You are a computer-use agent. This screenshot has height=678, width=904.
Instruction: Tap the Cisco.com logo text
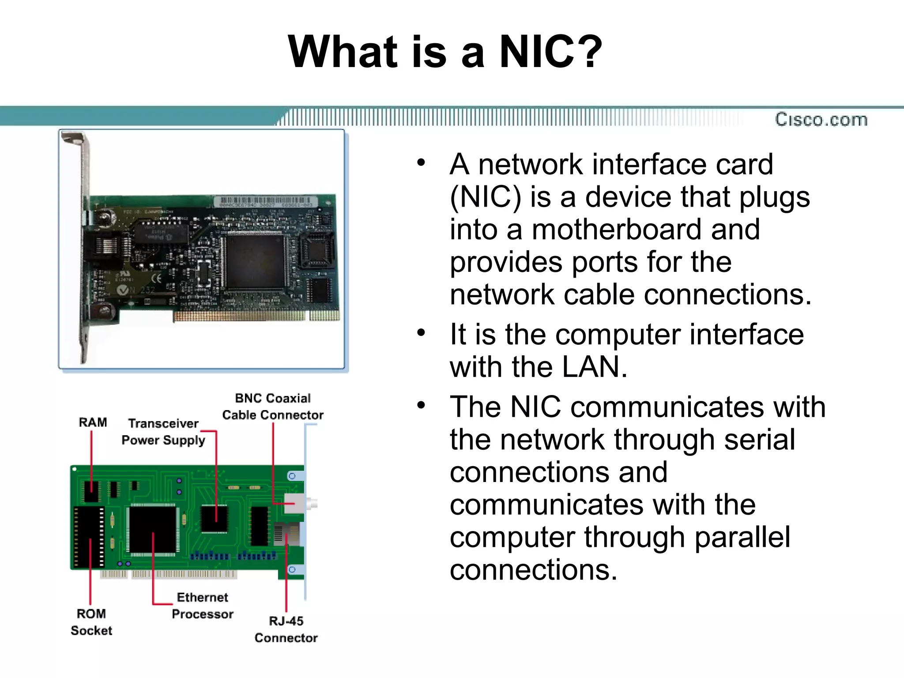tap(821, 120)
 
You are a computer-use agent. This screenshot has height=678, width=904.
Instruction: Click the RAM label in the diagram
tap(93, 422)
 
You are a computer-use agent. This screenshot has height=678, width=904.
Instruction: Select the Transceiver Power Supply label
tap(163, 432)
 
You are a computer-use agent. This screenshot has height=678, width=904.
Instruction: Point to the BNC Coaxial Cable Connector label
tap(273, 407)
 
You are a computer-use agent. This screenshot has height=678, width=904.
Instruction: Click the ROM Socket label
tap(91, 622)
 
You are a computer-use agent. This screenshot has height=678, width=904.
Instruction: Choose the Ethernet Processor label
tap(203, 606)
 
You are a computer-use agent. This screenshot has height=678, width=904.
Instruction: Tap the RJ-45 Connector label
tap(286, 629)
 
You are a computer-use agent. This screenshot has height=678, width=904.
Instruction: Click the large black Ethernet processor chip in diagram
tap(153, 529)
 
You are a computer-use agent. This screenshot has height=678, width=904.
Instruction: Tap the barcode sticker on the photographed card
tap(265, 202)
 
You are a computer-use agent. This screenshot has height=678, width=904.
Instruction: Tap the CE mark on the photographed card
tap(156, 279)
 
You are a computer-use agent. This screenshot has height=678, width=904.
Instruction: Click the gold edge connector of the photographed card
tap(256, 316)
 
